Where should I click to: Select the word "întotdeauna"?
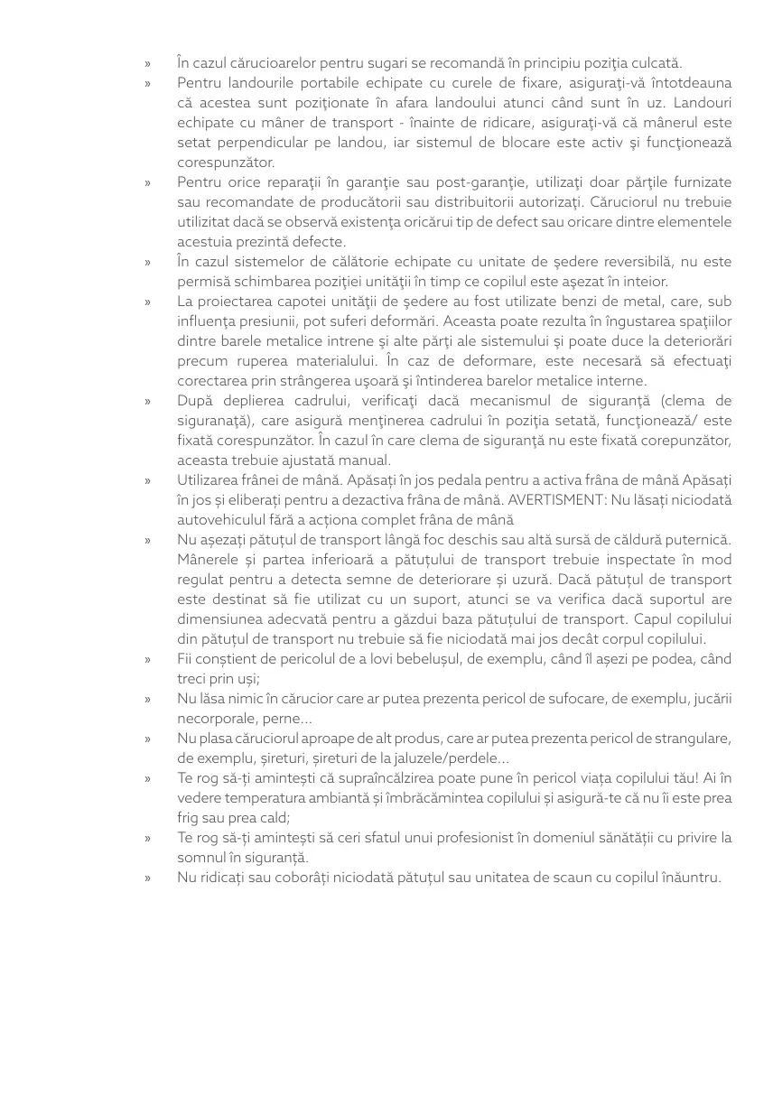[690, 83]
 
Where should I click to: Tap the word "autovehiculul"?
[221, 520]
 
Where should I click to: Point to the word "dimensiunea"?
[218, 619]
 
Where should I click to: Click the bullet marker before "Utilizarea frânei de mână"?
[147, 481]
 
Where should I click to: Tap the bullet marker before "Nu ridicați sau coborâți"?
[147, 878]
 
